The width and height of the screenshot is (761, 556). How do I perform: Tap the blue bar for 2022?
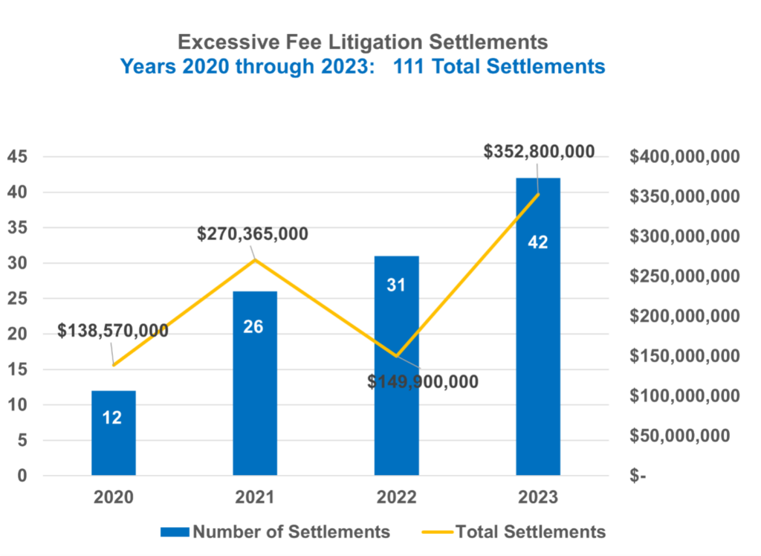point(396,372)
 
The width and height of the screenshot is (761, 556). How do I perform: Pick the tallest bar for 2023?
point(538,334)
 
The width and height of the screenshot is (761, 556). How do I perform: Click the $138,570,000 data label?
point(113,331)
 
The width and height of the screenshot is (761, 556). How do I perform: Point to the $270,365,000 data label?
point(253,233)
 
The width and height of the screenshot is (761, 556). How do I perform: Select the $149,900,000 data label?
point(423,381)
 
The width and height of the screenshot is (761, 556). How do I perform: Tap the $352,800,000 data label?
point(539,152)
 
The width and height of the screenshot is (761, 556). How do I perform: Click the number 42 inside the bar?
point(537,242)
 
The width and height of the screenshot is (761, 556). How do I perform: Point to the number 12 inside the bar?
point(112,418)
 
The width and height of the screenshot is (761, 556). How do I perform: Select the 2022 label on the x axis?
point(396,497)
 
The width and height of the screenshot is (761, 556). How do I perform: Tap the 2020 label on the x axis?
point(113,497)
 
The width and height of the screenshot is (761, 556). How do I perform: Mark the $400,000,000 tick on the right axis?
point(684,157)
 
